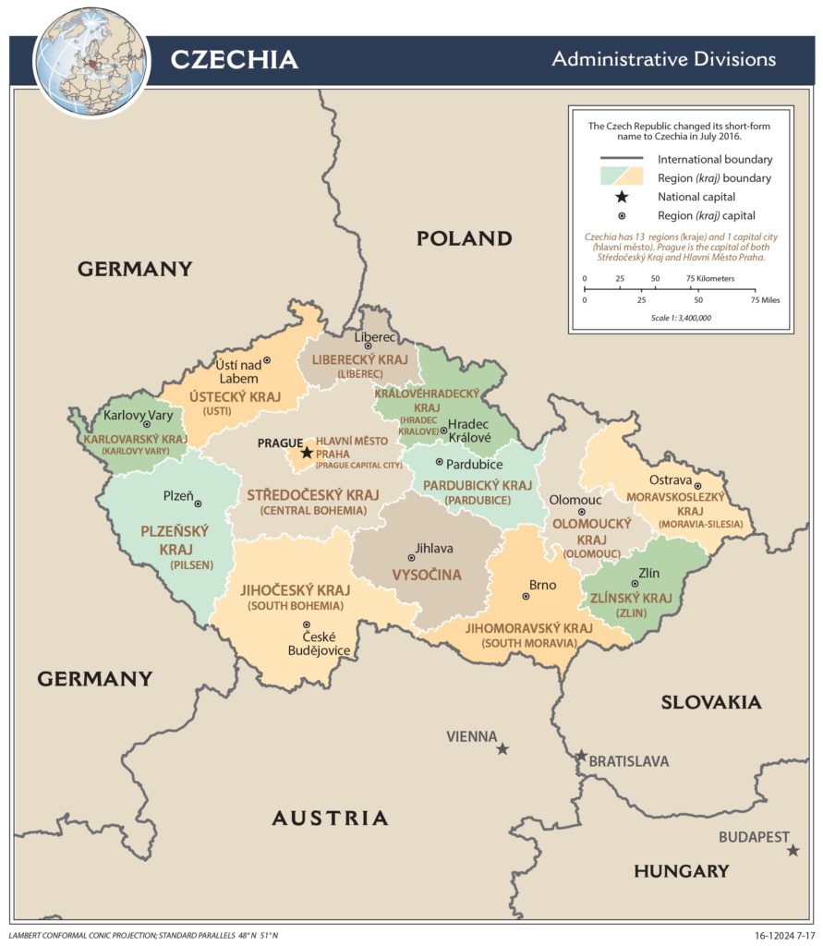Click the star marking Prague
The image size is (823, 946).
(x=307, y=453)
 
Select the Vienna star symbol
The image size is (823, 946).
(x=502, y=748)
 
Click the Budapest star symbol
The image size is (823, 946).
(x=793, y=850)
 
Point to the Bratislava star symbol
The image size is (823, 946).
(x=581, y=756)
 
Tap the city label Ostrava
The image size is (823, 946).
(x=670, y=480)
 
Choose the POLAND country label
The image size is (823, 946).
(x=464, y=238)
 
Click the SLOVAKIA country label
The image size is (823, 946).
(x=710, y=702)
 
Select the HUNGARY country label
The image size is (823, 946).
(x=681, y=870)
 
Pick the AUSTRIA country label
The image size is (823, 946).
(x=330, y=818)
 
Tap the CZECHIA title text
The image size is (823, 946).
(x=234, y=60)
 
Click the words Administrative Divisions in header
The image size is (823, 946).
(x=663, y=60)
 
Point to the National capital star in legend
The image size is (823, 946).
(x=622, y=197)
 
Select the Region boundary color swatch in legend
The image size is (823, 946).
(x=622, y=176)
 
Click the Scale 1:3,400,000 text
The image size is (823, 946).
(x=681, y=318)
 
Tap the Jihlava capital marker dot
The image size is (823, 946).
(x=411, y=557)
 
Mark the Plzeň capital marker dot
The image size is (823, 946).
(x=198, y=503)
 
